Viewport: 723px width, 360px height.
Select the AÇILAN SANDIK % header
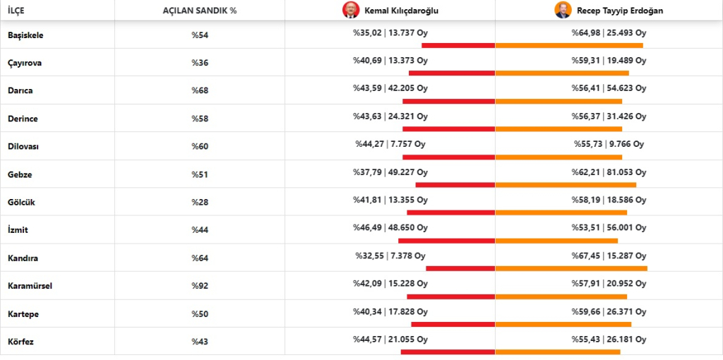(199, 11)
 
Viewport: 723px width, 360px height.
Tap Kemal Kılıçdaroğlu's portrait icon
(351, 11)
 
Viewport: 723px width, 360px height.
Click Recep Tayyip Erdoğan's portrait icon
(562, 11)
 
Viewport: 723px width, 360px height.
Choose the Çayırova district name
(25, 63)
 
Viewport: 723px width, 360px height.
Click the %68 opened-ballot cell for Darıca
(200, 90)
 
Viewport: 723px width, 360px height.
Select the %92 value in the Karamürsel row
(200, 286)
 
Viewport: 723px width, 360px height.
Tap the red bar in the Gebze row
(455, 185)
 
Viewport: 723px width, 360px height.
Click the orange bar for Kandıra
(571, 268)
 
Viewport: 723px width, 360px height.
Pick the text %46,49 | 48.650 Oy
(390, 228)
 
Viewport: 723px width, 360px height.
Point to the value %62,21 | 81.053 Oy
(609, 172)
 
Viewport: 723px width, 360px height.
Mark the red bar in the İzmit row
(446, 241)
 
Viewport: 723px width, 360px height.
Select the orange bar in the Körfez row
(558, 352)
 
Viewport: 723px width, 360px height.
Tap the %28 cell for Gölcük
(200, 203)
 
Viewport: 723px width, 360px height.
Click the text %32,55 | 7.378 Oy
(390, 256)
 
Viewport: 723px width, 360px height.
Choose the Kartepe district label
(24, 313)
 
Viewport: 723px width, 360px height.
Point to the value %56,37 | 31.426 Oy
(609, 116)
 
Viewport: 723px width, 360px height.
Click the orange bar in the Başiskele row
(569, 45)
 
